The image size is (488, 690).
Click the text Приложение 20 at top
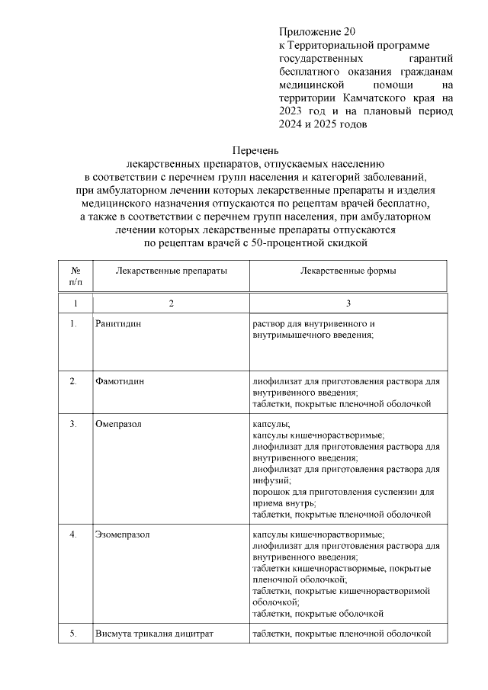coord(317,32)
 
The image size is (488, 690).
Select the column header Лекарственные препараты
coord(171,271)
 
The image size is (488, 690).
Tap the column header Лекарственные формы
coord(348,271)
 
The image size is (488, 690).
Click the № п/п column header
coord(75,277)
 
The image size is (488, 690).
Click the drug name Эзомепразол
coord(123,534)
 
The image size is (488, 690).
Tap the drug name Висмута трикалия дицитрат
coord(154,634)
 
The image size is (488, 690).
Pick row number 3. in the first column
coord(74,423)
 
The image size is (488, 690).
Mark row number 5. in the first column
coord(74,634)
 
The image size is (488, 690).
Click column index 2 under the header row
coord(171,303)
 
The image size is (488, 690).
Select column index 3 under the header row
coord(348,303)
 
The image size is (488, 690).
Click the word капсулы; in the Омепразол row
coord(271,423)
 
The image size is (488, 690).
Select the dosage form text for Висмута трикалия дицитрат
coord(342,634)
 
